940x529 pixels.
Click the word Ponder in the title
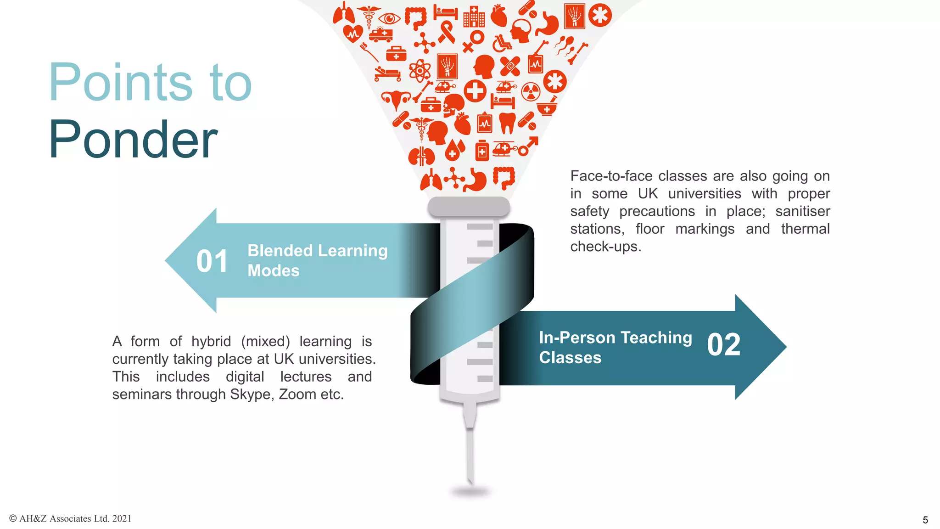pos(133,140)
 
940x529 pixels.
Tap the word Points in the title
pos(120,83)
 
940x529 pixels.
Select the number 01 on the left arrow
pos(212,261)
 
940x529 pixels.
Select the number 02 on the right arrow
pos(724,345)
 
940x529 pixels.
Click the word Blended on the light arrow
pos(280,251)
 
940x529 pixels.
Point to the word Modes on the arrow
pos(274,271)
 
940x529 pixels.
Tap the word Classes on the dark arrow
pos(570,358)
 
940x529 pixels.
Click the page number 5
pos(925,520)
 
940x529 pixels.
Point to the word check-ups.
pos(605,247)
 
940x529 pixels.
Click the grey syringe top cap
pos(469,207)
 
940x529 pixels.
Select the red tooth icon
pos(507,123)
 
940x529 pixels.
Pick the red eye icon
pos(389,19)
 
